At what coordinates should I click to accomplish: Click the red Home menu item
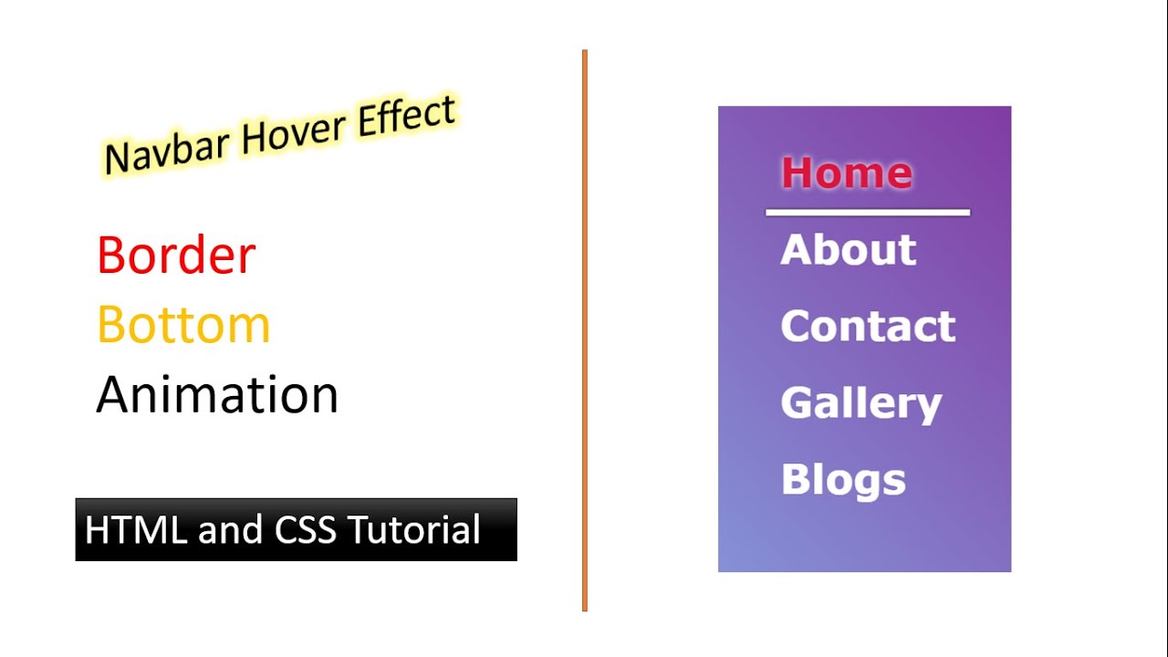846,172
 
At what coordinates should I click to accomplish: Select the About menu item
848,250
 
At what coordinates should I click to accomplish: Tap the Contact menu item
867,327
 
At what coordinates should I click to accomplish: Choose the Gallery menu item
860,404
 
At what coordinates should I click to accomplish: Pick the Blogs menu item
843,480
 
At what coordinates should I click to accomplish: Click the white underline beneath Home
867,213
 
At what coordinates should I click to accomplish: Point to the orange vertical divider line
584,328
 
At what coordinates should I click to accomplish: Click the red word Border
176,255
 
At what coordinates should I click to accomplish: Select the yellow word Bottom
183,325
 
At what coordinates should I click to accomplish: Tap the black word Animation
217,395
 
